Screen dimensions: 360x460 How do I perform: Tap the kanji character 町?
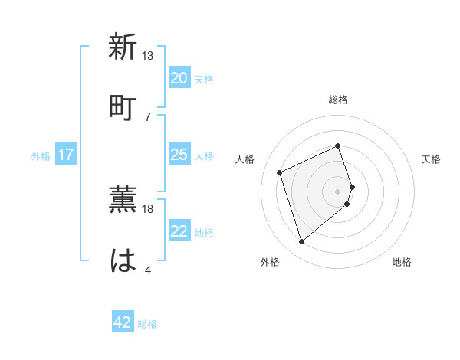tap(123, 106)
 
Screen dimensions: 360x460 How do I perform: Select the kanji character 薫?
tap(123, 201)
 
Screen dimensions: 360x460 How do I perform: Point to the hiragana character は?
tap(123, 260)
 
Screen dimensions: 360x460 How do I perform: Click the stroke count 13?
tap(148, 56)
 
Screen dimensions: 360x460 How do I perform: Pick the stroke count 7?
tap(148, 116)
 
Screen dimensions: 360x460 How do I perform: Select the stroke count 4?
tap(148, 269)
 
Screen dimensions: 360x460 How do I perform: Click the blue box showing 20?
tap(179, 78)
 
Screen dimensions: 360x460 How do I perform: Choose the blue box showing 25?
tap(179, 155)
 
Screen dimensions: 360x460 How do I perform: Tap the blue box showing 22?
tap(179, 231)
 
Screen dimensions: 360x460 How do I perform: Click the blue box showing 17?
tap(66, 155)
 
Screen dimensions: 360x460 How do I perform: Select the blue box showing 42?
tap(123, 322)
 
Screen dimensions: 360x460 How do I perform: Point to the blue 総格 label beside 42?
tap(147, 324)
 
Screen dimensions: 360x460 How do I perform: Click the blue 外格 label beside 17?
tap(41, 156)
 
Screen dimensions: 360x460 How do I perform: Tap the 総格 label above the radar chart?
tap(337, 100)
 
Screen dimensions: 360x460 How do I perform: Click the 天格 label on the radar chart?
tap(431, 159)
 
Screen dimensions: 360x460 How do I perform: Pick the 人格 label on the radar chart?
tap(245, 159)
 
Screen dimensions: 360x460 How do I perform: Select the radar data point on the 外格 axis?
tap(301, 242)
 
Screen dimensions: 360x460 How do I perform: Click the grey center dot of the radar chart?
tap(337, 191)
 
